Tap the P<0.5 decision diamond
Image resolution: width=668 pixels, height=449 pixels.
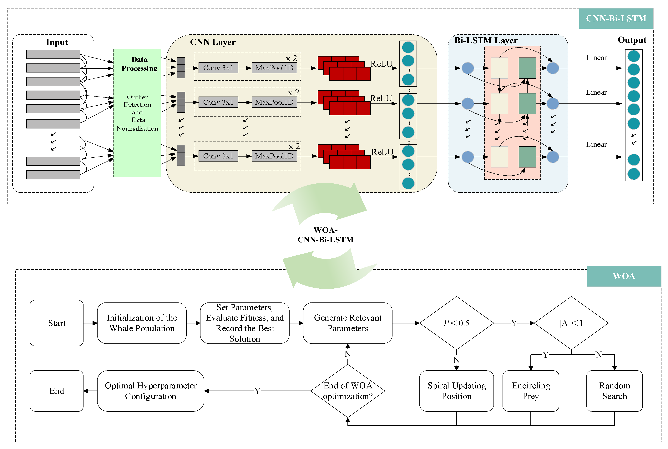tap(456, 323)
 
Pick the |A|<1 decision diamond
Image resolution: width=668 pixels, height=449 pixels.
tap(571, 323)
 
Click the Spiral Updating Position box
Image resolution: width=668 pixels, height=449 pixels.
tap(456, 391)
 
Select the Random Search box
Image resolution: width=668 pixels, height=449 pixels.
tap(615, 391)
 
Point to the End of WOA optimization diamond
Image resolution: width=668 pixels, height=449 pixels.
tap(348, 391)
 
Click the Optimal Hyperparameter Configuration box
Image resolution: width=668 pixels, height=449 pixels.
tap(150, 391)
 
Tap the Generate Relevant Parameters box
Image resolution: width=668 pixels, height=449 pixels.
tap(347, 323)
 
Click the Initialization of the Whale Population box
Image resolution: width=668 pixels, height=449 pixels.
tap(142, 323)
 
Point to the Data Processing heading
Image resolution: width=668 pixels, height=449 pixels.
tap(139, 64)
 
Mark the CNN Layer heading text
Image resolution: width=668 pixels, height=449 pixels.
tap(213, 42)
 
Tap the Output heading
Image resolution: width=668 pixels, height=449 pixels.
tap(632, 40)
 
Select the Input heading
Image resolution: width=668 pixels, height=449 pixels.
tap(57, 42)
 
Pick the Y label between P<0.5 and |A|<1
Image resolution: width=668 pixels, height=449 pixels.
tap(514, 323)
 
